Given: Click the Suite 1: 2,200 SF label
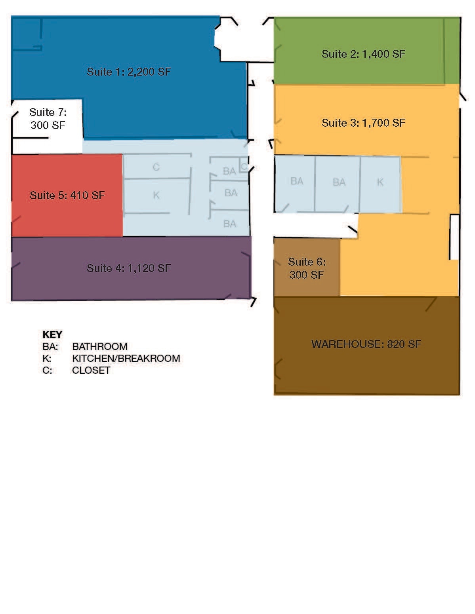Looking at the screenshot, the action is pos(129,72).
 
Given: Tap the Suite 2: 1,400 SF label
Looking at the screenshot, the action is pos(363,54).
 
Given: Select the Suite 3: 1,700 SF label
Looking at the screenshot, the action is pos(363,123).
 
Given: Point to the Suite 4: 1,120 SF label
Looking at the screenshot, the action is pos(129,268).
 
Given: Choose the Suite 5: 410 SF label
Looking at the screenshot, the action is pos(67,195).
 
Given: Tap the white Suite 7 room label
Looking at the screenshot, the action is pos(48,119).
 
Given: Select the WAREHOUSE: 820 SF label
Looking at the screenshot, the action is pos(366,344).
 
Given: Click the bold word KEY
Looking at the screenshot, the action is pos(52,335).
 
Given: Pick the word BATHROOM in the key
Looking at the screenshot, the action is pos(100,346).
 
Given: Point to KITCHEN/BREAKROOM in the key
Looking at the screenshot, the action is pos(126,358).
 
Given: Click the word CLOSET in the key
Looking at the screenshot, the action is pos(91,370).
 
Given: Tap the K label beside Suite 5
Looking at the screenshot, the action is pos(156,195).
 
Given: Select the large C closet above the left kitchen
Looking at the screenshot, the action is pos(156,167).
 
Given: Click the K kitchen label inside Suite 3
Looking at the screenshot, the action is pos(380,182).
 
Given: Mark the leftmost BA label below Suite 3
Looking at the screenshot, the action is pos(297,181).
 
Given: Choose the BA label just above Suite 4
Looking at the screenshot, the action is pos(230,224).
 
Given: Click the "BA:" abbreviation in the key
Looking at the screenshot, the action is pos(50,346).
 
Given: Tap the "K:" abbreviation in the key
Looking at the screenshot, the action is pos(47,358).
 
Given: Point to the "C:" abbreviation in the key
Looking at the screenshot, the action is pos(47,370).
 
